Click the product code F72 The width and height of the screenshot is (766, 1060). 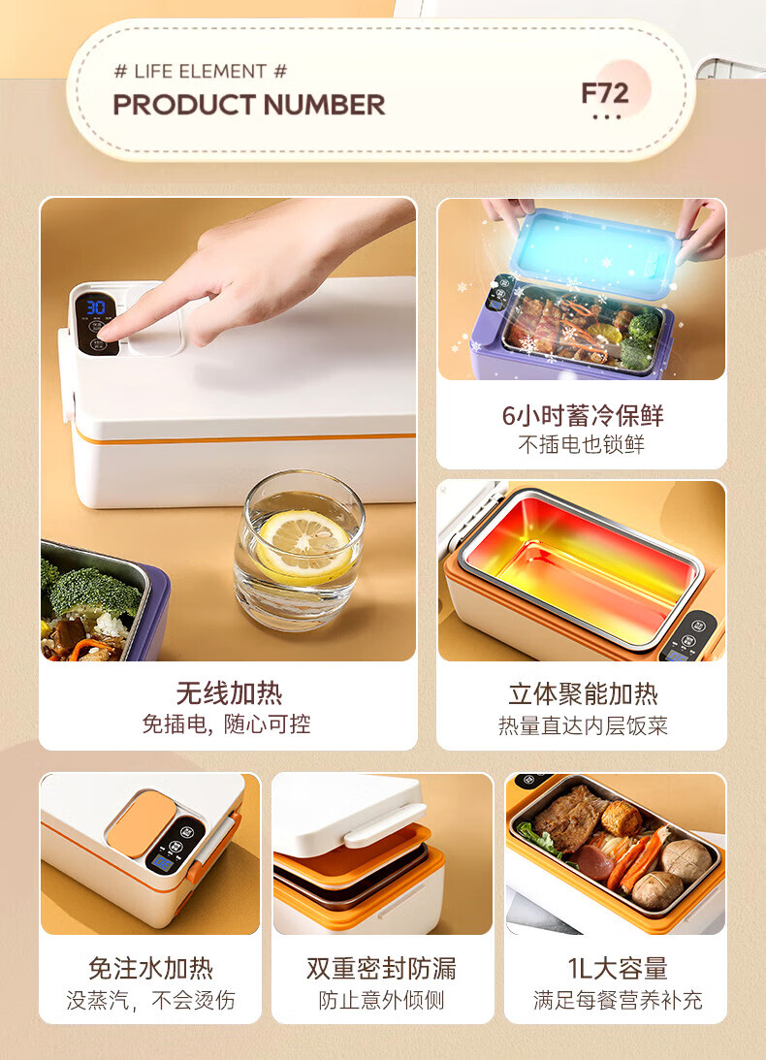tap(605, 93)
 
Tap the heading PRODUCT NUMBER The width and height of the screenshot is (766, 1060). tap(249, 105)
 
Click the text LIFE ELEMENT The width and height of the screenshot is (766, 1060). tap(200, 71)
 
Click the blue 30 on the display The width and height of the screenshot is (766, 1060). tap(95, 306)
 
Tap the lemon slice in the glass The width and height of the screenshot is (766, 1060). tap(304, 544)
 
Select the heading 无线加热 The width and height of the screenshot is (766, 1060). tap(229, 692)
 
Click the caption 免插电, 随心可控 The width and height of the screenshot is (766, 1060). tap(227, 724)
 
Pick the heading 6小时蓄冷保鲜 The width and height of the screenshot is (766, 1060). tap(582, 415)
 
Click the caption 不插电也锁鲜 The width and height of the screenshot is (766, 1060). tap(582, 444)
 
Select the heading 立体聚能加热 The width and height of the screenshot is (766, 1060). tap(583, 694)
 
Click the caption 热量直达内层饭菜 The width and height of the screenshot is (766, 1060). tap(583, 725)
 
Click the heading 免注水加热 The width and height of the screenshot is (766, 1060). tap(150, 968)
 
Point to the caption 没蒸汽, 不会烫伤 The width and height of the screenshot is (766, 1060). tap(150, 1000)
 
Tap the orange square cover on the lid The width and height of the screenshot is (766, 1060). tap(141, 822)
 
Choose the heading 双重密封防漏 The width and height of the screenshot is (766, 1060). tap(381, 968)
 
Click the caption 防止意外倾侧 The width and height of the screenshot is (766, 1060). tap(381, 1000)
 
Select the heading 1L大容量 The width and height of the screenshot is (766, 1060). tap(617, 968)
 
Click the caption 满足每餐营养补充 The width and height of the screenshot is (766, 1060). tap(617, 1000)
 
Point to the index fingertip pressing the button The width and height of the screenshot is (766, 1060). tap(105, 332)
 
